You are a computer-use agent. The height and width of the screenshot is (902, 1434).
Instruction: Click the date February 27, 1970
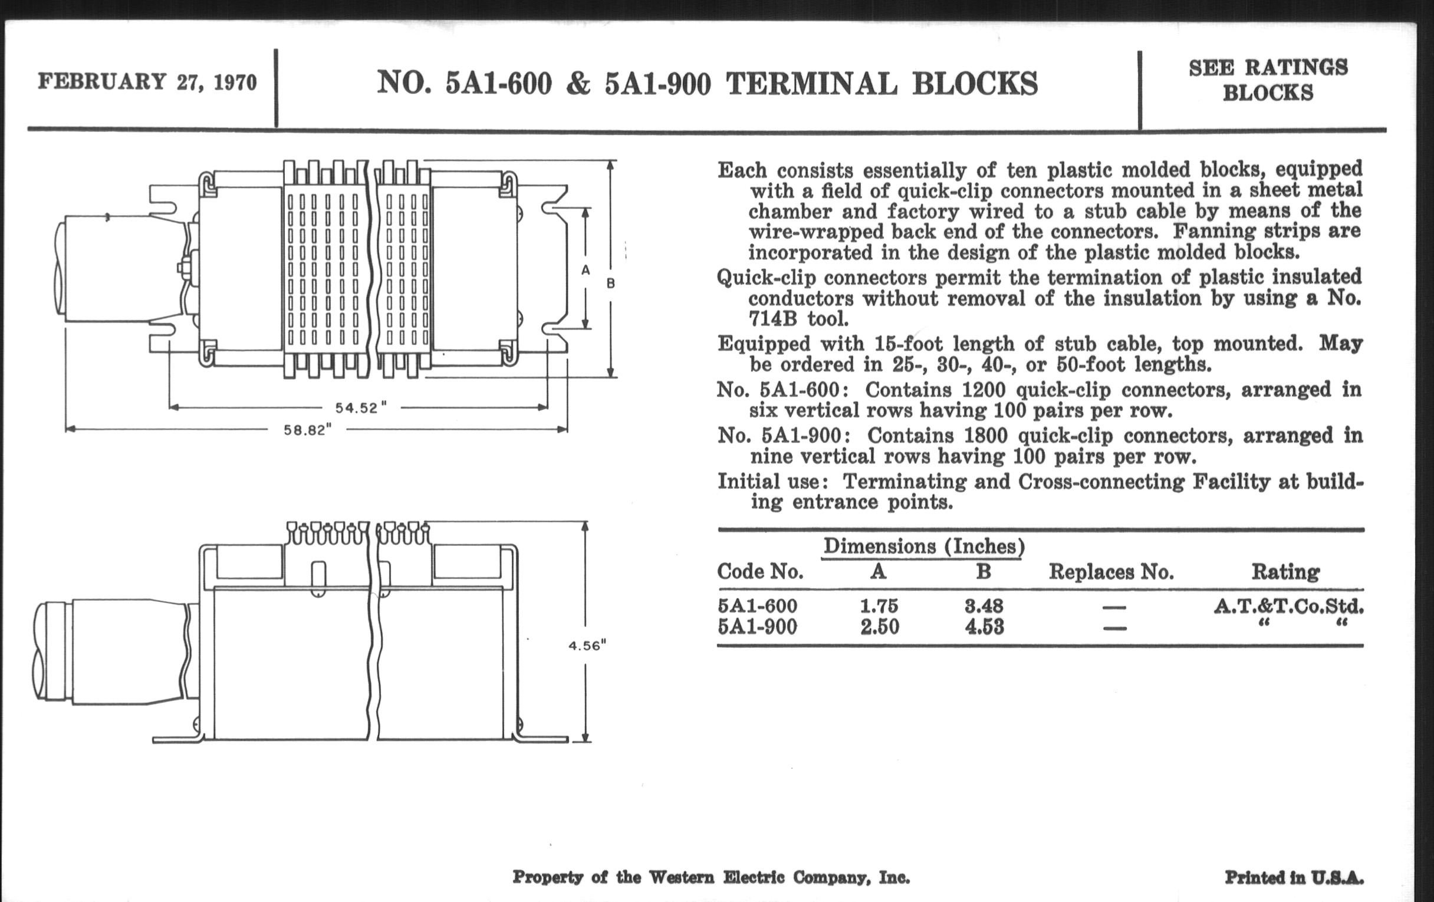[x=147, y=81]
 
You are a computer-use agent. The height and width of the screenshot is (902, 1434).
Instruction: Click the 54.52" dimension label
[x=361, y=409]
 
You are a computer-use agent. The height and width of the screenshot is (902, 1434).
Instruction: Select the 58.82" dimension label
[x=307, y=430]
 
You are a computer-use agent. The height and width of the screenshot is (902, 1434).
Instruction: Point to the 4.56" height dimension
[x=587, y=646]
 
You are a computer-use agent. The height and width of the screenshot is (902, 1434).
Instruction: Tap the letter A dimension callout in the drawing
[x=586, y=270]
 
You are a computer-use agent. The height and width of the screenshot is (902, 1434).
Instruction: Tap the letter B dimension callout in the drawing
[x=610, y=284]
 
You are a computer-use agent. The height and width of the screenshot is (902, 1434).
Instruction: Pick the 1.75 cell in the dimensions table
[x=879, y=606]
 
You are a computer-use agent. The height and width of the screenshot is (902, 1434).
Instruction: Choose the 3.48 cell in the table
[x=984, y=606]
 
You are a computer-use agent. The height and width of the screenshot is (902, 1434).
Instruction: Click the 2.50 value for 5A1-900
[x=879, y=627]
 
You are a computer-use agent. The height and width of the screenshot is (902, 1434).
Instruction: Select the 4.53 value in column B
[x=984, y=627]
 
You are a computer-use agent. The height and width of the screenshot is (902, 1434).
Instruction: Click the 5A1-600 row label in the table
[x=757, y=606]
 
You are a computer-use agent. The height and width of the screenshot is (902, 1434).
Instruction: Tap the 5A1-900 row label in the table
[x=757, y=627]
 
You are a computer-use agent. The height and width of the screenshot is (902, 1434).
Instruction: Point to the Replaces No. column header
[x=1111, y=572]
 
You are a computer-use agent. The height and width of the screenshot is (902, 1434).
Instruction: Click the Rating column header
[x=1286, y=572]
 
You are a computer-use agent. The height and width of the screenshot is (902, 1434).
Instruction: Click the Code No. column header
[x=760, y=572]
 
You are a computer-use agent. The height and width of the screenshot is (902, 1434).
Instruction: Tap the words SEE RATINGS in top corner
[x=1268, y=68]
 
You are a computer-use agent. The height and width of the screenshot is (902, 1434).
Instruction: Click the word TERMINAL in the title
[x=811, y=83]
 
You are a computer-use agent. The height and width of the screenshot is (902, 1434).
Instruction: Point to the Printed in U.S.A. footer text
[x=1294, y=878]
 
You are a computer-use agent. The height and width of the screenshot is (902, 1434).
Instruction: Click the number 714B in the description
[x=772, y=320]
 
